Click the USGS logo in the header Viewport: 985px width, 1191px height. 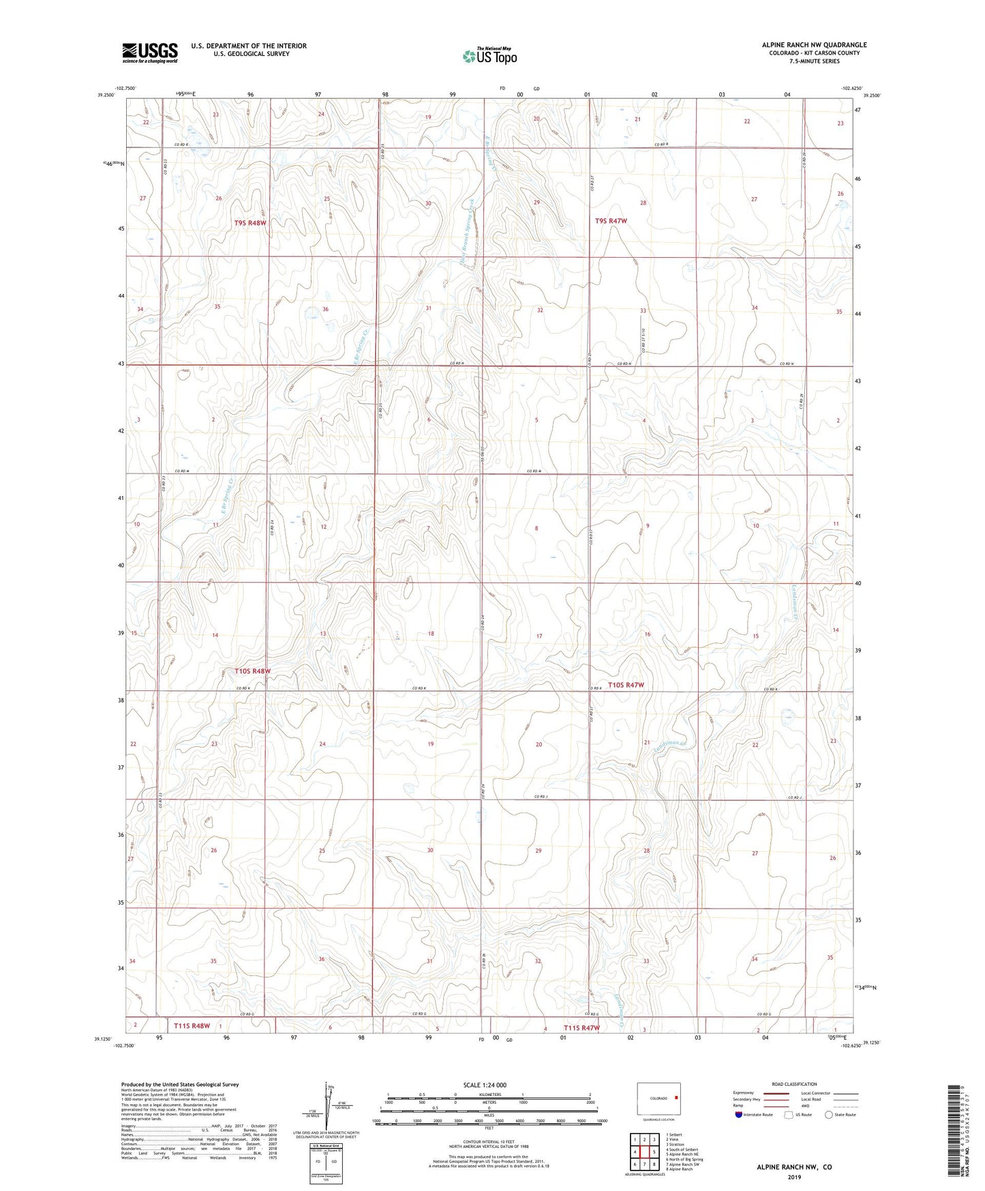[150, 52]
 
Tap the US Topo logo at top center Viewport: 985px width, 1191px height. [489, 56]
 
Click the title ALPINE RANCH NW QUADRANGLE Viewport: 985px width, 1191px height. [814, 45]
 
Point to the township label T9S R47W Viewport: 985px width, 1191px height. [610, 221]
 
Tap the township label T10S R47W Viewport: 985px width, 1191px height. [625, 685]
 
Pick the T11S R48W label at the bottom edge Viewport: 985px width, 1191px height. [192, 1025]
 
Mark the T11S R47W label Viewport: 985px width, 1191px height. [581, 1027]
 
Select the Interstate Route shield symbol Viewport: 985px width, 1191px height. [739, 1115]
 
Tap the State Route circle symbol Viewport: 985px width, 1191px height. [829, 1115]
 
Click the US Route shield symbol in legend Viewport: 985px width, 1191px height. [789, 1115]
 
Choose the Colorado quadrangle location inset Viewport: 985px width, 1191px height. [658, 1099]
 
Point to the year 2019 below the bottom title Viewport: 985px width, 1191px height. [793, 1177]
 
